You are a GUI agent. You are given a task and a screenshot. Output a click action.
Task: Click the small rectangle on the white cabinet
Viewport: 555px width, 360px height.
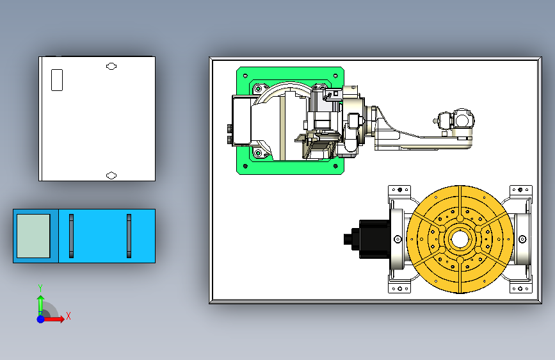(57, 80)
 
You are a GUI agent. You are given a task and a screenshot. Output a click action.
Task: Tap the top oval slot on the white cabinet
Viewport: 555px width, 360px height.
(111, 66)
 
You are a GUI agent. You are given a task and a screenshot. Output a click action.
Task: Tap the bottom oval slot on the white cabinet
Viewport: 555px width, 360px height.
(111, 176)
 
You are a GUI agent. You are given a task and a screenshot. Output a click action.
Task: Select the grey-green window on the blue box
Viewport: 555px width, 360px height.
(34, 236)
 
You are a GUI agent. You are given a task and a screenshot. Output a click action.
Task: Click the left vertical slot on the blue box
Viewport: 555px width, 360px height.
(72, 236)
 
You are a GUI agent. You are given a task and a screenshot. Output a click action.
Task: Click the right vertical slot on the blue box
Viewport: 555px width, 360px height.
(129, 236)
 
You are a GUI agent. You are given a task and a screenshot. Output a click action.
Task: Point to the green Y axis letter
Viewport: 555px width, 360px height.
(40, 288)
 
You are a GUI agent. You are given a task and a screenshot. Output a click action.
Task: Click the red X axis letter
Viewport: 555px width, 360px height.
(68, 316)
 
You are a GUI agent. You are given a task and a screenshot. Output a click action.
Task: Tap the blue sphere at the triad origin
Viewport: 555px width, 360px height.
(41, 319)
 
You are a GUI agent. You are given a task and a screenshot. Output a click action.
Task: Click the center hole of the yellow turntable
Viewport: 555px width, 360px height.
(460, 240)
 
